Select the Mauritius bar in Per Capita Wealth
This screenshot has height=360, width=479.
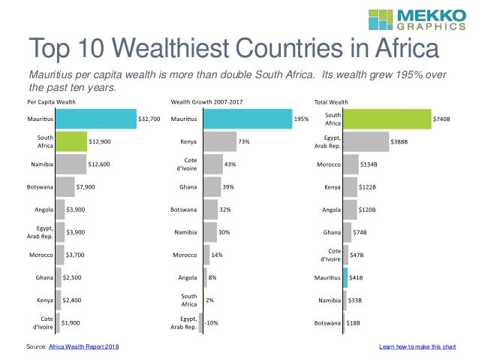pyautogui.click(x=95, y=118)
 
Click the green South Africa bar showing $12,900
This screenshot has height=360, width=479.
pyautogui.click(x=71, y=141)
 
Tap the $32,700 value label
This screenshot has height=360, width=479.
pyautogui.click(x=149, y=119)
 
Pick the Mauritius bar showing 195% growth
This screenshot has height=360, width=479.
pyautogui.click(x=246, y=118)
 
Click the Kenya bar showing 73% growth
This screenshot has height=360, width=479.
pyautogui.click(x=219, y=141)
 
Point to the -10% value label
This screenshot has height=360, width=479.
pyautogui.click(x=212, y=323)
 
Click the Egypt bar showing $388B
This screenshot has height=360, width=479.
pyautogui.click(x=366, y=141)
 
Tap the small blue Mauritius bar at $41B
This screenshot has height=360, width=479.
pyautogui.click(x=345, y=278)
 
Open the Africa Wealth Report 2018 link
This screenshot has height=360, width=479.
pyautogui.click(x=83, y=346)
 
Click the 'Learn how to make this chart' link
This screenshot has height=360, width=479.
pyautogui.click(x=417, y=346)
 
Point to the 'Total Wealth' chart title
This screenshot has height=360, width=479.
pyautogui.click(x=331, y=101)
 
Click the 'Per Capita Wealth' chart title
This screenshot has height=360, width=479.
pyautogui.click(x=50, y=101)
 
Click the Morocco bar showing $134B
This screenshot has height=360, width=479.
pyautogui.click(x=351, y=164)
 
